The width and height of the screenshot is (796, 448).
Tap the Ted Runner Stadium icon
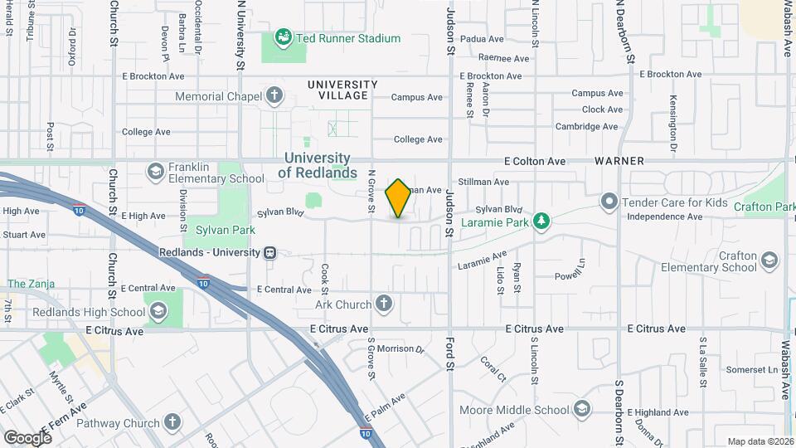tap(284, 38)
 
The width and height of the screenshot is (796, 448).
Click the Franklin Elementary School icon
tap(155, 172)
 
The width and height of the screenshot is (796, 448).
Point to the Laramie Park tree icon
tap(541, 220)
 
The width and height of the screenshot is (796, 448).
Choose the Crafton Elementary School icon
tap(769, 261)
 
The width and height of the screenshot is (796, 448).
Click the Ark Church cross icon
tap(383, 304)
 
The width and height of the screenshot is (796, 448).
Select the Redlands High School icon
tap(157, 312)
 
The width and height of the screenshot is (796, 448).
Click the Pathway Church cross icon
tap(172, 423)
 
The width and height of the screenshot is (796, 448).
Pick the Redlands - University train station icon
tap(269, 252)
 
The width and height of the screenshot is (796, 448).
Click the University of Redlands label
tap(318, 165)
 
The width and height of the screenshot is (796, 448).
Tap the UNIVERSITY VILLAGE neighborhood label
tap(342, 90)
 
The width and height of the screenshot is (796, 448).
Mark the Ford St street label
tap(450, 352)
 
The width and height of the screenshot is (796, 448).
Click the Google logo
tap(27, 438)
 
